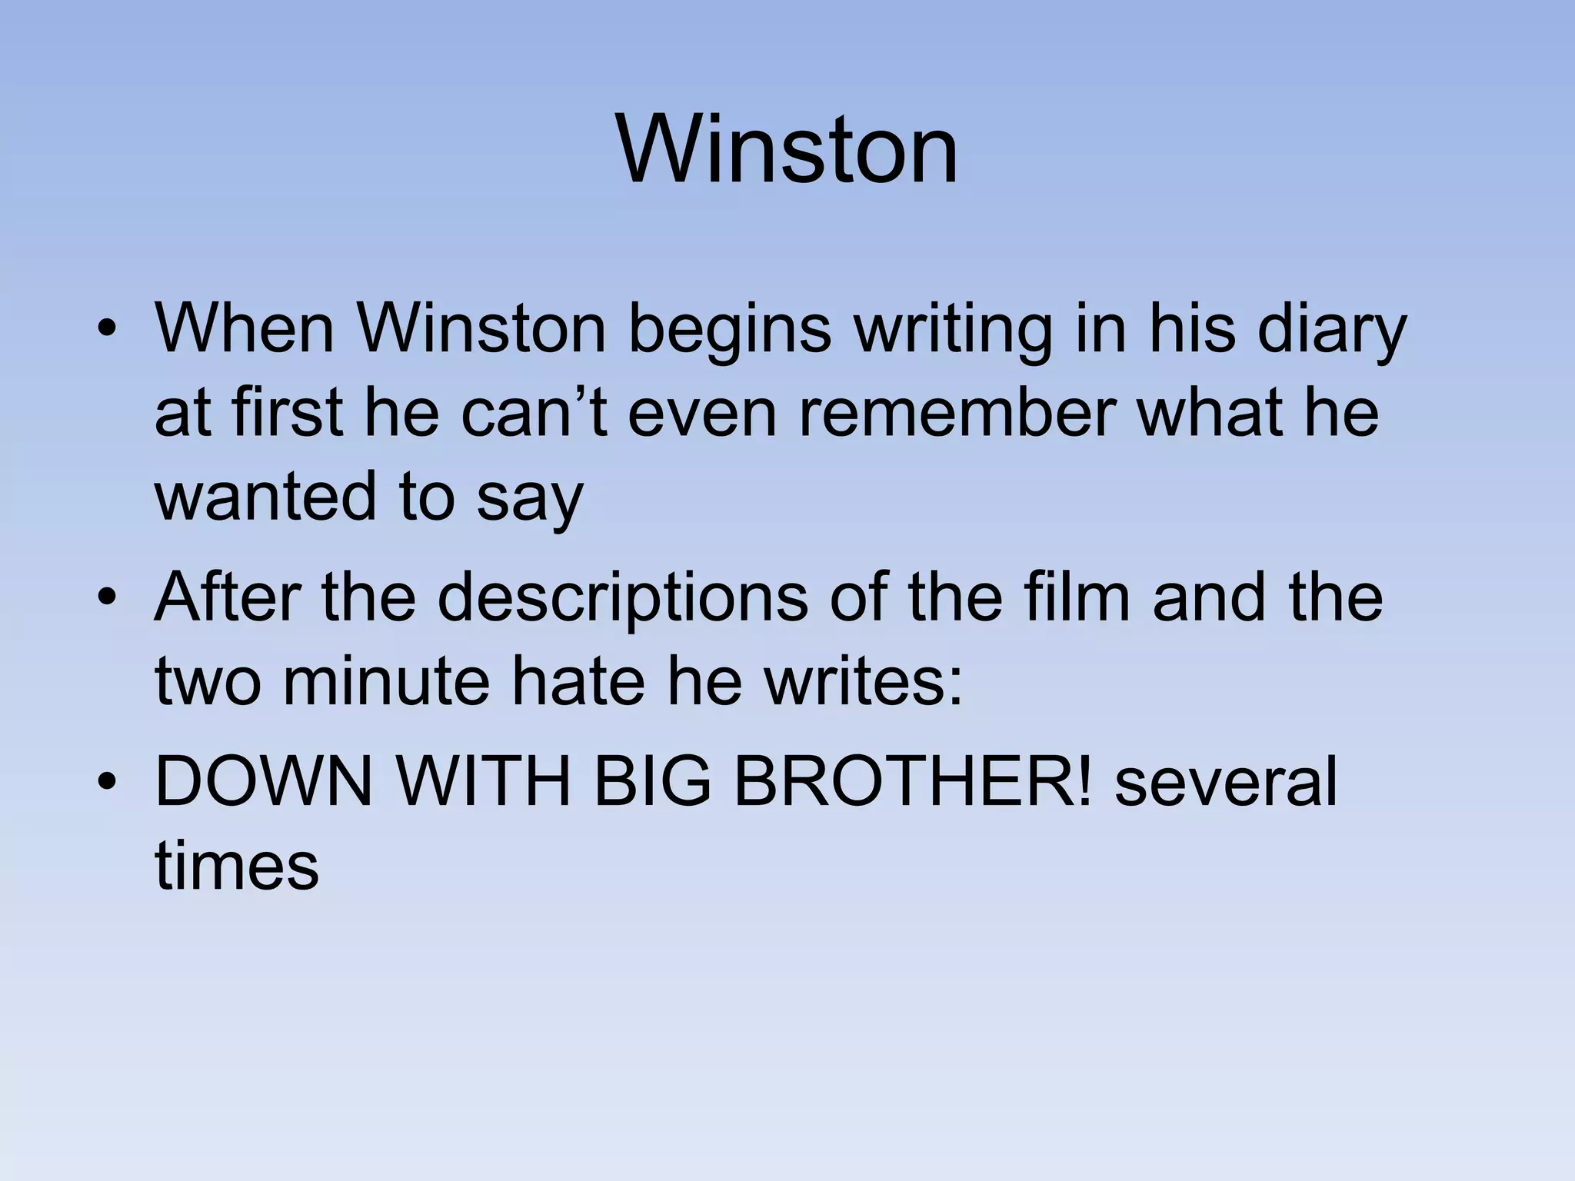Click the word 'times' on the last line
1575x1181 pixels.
tap(237, 865)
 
